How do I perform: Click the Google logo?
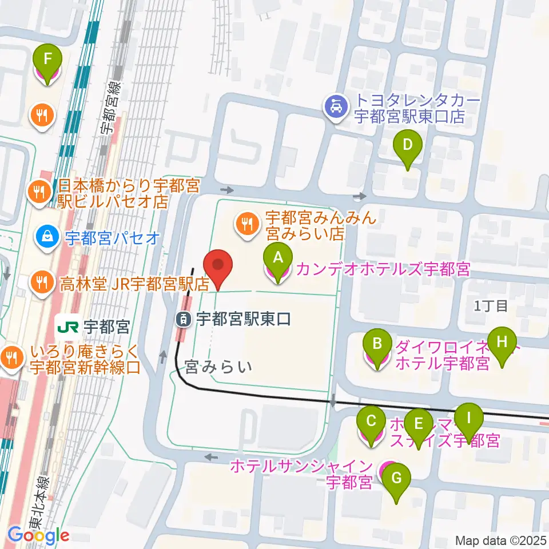pyautogui.click(x=39, y=535)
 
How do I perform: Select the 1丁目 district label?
pyautogui.click(x=491, y=306)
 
